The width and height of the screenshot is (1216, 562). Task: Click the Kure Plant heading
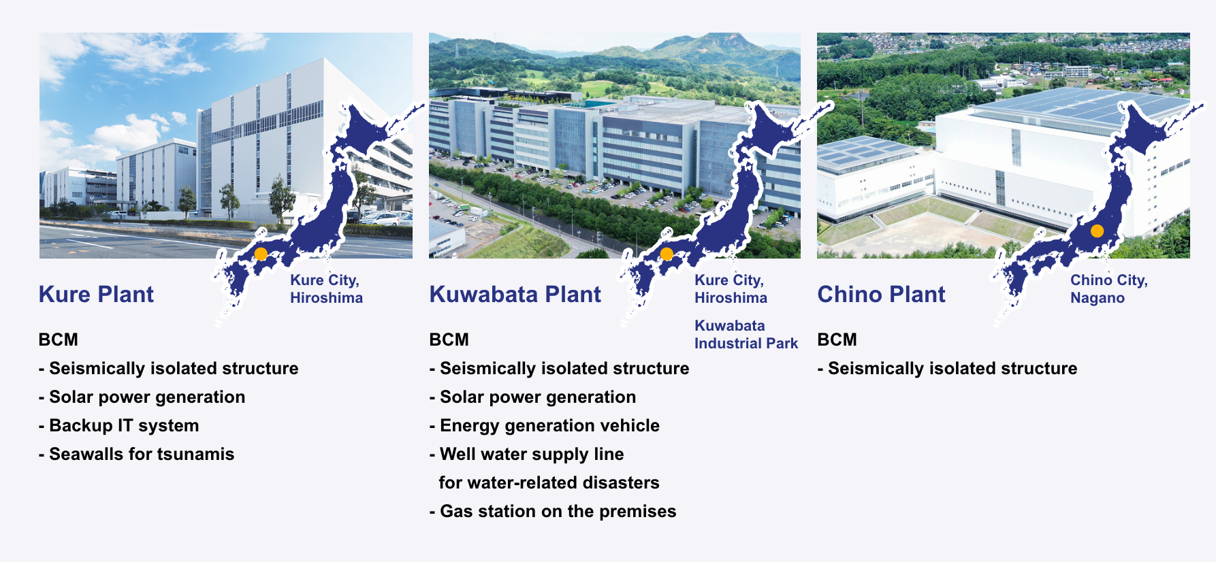tap(96, 295)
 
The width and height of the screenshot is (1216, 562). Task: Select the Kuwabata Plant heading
tap(515, 295)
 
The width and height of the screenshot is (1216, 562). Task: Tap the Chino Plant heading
tap(881, 295)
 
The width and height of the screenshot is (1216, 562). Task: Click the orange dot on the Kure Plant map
tap(261, 254)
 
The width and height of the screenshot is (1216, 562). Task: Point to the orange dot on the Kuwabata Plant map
tap(667, 254)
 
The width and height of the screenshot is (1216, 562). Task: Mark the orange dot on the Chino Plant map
tap(1097, 231)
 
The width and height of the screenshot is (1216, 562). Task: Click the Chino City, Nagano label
tap(1108, 289)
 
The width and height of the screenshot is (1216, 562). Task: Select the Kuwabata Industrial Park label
tap(746, 335)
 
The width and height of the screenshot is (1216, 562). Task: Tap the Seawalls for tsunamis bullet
tap(136, 454)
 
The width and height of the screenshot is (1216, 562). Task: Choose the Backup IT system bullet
tap(119, 425)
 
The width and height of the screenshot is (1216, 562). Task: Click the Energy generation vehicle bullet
tap(545, 425)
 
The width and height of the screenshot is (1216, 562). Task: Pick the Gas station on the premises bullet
tap(553, 511)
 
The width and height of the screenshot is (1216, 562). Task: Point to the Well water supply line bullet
tap(527, 454)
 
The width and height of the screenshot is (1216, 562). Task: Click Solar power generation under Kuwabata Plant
tap(532, 397)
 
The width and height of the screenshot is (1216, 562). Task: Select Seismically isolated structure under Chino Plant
tap(948, 368)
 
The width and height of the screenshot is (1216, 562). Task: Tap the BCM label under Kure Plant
tap(59, 340)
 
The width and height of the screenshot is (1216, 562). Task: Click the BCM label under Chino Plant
tap(837, 340)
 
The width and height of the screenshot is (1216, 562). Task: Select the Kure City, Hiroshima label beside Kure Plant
tap(326, 289)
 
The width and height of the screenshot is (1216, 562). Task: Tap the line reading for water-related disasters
tap(549, 482)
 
